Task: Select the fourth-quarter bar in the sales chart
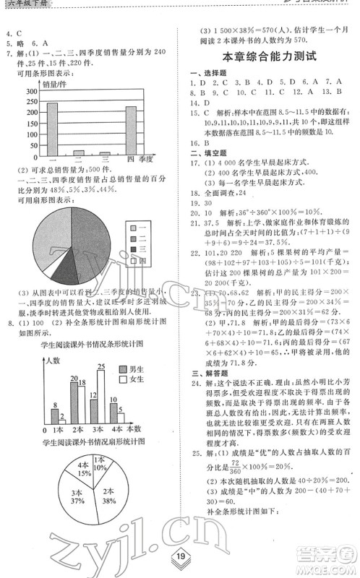point(131,130)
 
